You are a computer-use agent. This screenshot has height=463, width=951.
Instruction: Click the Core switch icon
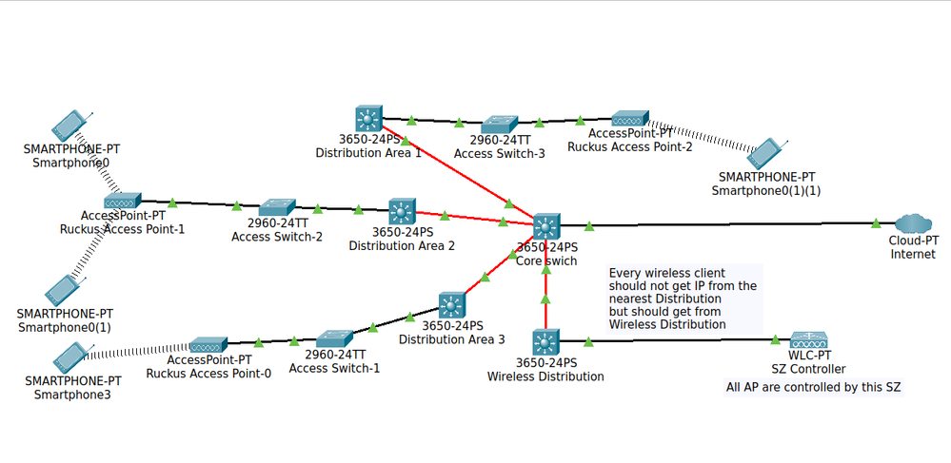(x=546, y=226)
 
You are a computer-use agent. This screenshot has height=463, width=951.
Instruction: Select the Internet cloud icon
(x=913, y=224)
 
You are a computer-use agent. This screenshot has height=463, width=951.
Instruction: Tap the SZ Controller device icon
(x=808, y=340)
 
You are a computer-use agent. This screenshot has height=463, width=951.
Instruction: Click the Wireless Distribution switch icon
(x=545, y=342)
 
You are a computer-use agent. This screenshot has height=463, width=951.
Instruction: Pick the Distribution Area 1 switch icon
(x=367, y=120)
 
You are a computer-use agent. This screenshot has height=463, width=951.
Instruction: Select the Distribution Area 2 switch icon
(x=402, y=211)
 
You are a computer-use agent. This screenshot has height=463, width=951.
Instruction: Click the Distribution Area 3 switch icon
(x=452, y=306)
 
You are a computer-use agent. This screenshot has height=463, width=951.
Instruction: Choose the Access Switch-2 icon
(x=277, y=208)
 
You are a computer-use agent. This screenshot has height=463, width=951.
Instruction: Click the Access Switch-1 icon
(x=335, y=338)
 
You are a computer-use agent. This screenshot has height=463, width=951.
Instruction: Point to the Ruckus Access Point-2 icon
(x=630, y=118)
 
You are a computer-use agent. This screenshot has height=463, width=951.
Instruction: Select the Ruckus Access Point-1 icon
(x=123, y=201)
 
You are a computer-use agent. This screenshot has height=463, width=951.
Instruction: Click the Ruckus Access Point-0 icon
(x=209, y=345)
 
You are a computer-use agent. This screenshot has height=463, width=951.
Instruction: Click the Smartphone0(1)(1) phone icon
(x=767, y=153)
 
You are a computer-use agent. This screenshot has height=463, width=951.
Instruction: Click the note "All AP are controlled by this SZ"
(x=814, y=387)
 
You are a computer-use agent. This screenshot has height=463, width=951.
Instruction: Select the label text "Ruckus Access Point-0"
(x=208, y=374)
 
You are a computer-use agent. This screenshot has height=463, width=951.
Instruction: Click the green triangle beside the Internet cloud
(x=876, y=223)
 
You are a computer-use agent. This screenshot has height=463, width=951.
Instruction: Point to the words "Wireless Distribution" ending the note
(x=667, y=324)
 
